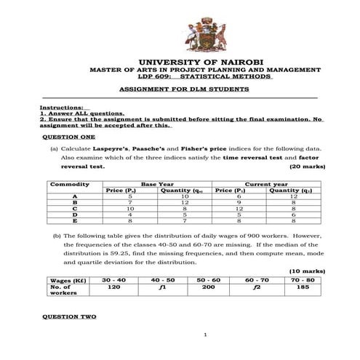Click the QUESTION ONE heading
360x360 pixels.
point(69,137)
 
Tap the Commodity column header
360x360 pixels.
point(71,184)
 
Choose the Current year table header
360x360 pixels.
point(266,184)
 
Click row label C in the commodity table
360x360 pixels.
point(75,208)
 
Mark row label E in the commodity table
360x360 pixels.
point(75,220)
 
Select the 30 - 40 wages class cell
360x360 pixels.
point(113,279)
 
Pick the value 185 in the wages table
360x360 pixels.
point(302,287)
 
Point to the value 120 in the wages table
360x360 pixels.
point(113,287)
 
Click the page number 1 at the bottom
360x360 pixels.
point(207,335)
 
